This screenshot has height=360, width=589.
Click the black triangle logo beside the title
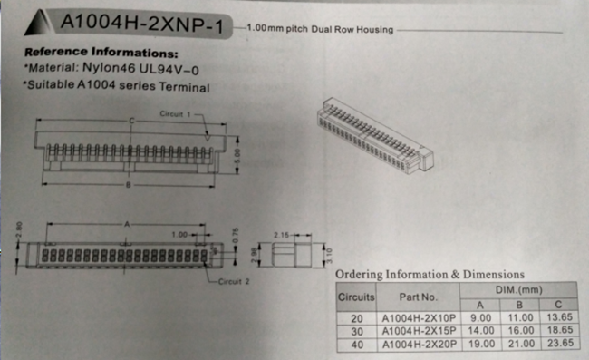click(x=38, y=23)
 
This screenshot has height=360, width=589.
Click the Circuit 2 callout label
click(x=235, y=282)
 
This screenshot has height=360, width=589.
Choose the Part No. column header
click(x=418, y=296)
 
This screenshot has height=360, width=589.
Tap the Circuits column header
click(x=356, y=296)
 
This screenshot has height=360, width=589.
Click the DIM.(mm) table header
click(x=518, y=288)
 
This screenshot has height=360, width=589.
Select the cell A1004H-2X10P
click(x=418, y=318)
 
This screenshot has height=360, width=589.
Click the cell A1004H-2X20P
click(x=418, y=345)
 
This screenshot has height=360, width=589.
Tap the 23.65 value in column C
click(x=561, y=345)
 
